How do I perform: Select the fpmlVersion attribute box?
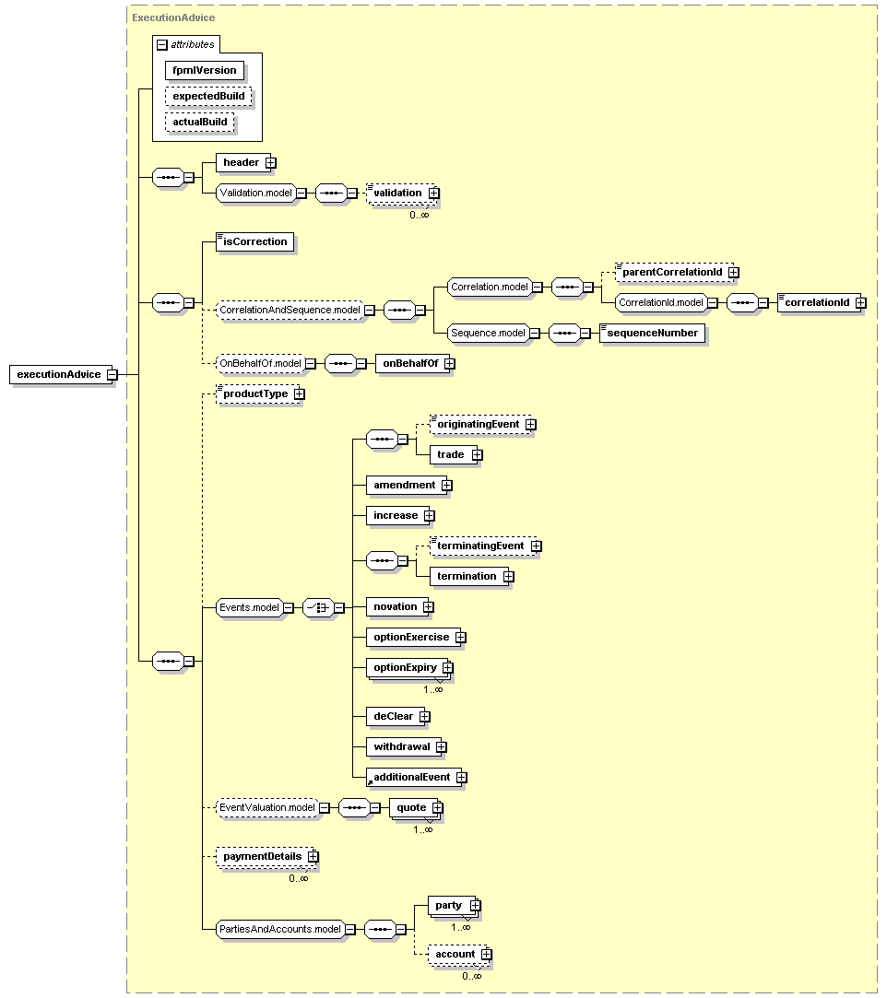[205, 71]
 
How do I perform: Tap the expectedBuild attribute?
[208, 96]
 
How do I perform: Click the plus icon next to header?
[271, 163]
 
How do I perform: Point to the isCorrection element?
[254, 241]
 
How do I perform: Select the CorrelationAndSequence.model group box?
[290, 310]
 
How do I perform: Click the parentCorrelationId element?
[674, 273]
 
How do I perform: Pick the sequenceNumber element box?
[652, 333]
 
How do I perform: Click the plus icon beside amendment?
[447, 486]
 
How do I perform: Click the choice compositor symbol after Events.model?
[318, 608]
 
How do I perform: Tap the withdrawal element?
[404, 746]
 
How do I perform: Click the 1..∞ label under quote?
[423, 829]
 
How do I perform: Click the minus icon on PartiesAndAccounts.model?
[350, 929]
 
